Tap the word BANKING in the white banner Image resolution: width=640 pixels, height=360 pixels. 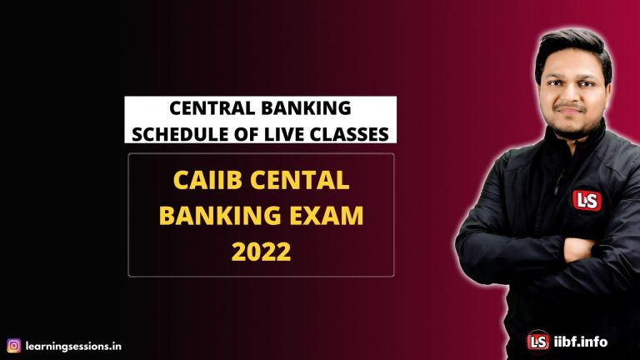306,108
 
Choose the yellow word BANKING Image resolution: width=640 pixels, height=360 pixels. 217,217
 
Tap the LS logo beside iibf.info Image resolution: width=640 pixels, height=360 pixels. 538,341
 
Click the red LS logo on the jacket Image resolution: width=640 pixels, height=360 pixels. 583,200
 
